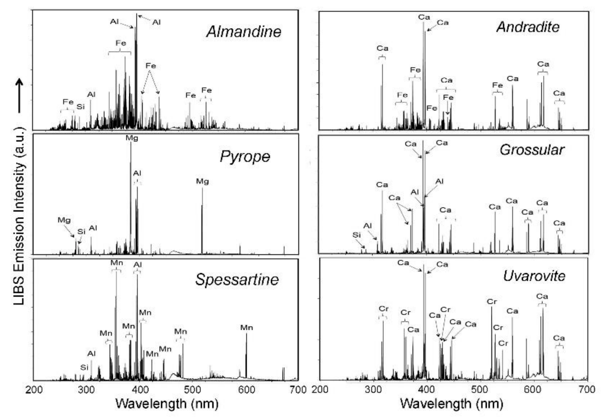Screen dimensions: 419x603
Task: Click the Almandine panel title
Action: [x=244, y=32]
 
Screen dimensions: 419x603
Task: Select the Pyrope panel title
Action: [x=245, y=157]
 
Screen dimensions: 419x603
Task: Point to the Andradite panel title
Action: [x=528, y=27]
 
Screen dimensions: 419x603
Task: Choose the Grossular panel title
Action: [x=532, y=150]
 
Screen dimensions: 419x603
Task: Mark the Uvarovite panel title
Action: [x=534, y=276]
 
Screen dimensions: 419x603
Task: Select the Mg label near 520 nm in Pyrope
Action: [x=203, y=181]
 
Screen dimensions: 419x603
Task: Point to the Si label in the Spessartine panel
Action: [x=84, y=368]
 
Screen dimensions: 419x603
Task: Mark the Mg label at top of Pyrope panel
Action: [x=132, y=138]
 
